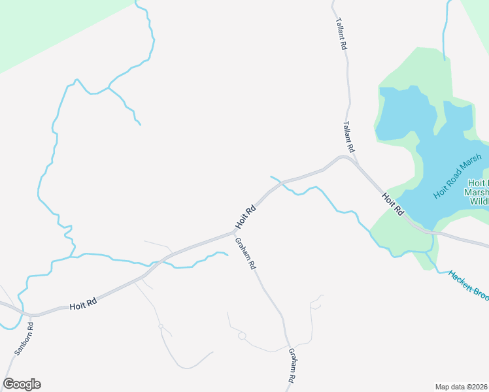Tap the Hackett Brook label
tap(468, 285)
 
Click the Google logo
tap(22, 384)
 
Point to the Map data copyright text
tap(462, 387)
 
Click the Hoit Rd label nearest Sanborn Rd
tap(83, 303)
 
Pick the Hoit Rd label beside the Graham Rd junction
tap(244, 218)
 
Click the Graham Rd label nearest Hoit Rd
tap(244, 254)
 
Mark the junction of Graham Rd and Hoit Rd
tap(234, 232)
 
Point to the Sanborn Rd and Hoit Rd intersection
tap(31, 316)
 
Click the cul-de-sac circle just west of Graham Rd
tap(242, 336)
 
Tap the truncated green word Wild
tap(479, 201)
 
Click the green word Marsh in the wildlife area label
tap(476, 192)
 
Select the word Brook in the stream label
tap(479, 294)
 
